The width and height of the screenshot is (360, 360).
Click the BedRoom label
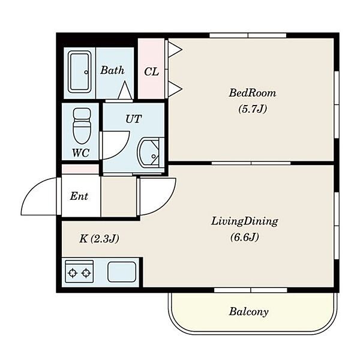(x=253, y=93)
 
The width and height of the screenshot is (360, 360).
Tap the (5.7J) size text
(x=253, y=109)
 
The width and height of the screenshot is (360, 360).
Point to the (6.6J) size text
(x=245, y=237)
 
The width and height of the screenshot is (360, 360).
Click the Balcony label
(x=248, y=312)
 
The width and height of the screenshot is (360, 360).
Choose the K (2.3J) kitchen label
(x=99, y=239)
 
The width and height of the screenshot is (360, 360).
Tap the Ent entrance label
(x=79, y=196)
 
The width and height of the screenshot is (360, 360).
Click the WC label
(x=80, y=152)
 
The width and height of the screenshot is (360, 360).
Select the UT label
(x=133, y=119)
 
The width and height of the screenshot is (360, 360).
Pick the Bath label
(x=112, y=70)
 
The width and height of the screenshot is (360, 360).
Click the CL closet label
(x=151, y=72)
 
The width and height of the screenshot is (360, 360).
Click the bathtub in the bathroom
(x=79, y=73)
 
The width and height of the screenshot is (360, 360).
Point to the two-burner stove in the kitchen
(x=79, y=271)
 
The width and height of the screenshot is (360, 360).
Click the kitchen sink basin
(x=122, y=272)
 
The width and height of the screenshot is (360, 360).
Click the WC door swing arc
(x=122, y=149)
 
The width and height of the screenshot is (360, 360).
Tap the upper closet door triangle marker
(x=175, y=49)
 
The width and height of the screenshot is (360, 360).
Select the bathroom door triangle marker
(x=125, y=90)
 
